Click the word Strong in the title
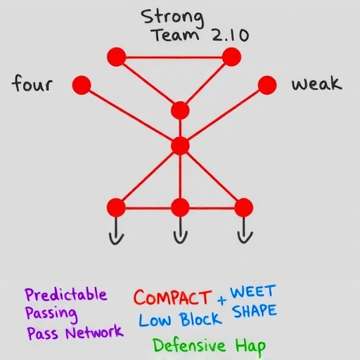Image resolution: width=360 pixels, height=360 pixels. (x=172, y=18)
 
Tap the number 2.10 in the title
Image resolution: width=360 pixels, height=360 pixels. (x=230, y=36)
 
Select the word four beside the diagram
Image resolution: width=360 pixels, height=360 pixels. (x=32, y=83)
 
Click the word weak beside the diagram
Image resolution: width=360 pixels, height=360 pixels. (x=316, y=84)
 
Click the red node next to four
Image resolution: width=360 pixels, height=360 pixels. (x=82, y=85)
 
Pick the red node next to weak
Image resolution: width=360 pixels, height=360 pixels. (x=267, y=85)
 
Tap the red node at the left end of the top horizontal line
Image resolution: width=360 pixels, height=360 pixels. (x=117, y=57)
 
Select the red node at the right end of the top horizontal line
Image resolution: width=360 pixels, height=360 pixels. (x=231, y=57)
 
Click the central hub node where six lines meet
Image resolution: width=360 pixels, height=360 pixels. (x=180, y=146)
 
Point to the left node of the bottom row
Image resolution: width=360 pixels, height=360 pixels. (x=116, y=207)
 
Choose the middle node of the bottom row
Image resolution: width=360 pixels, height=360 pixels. (x=180, y=207)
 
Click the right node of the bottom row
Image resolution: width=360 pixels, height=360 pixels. (x=244, y=207)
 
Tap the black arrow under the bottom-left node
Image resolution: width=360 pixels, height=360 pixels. (x=116, y=231)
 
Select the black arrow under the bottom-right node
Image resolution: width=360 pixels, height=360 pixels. (x=245, y=231)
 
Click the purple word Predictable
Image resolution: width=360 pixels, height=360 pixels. (x=66, y=294)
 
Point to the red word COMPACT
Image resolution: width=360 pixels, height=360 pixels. (x=172, y=297)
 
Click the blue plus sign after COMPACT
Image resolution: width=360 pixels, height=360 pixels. (x=221, y=300)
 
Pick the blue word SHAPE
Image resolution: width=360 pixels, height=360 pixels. (x=255, y=311)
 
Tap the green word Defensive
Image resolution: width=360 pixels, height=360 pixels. (x=189, y=345)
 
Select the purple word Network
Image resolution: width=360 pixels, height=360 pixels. (x=94, y=332)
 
